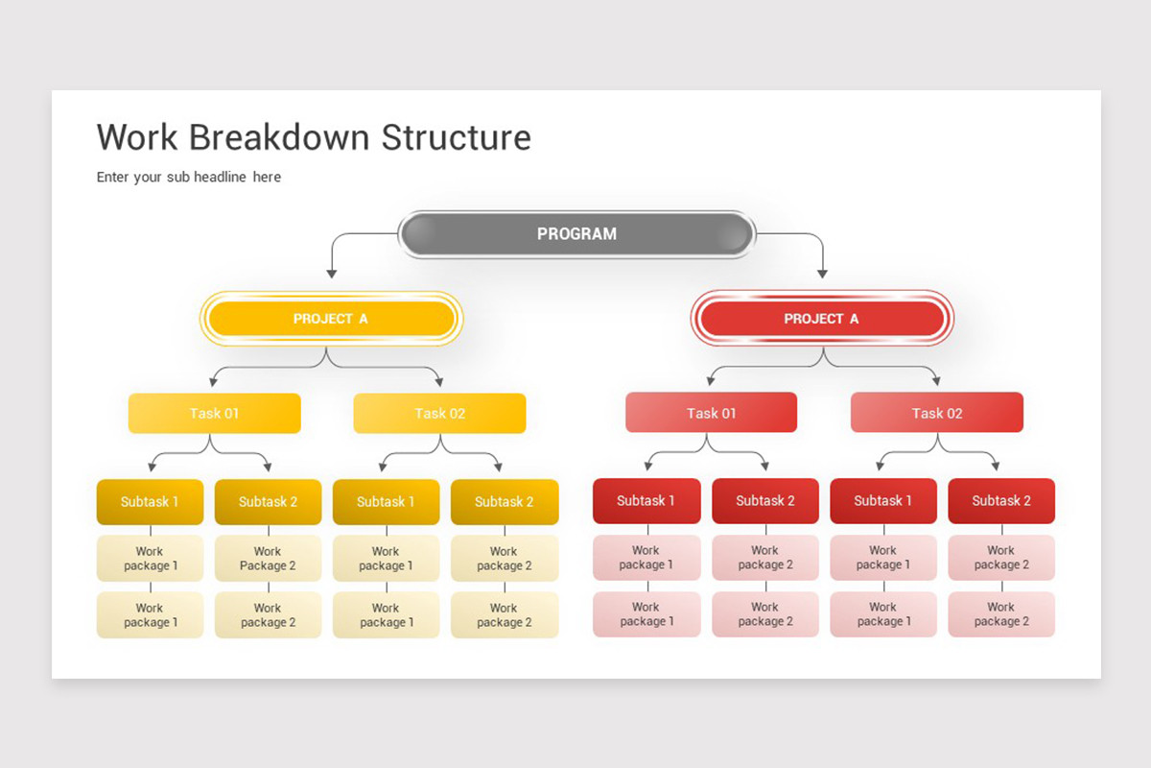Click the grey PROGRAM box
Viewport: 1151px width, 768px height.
coord(576,234)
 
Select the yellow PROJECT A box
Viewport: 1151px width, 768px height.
coord(331,319)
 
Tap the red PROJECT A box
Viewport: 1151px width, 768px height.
coord(822,319)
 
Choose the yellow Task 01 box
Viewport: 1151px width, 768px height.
coord(214,414)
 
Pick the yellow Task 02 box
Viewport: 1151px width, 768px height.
coord(439,414)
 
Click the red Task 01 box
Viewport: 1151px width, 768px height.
coord(711,413)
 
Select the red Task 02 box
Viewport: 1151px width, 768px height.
coord(936,413)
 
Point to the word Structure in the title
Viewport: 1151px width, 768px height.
coord(456,137)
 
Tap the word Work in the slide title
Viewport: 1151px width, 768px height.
coord(137,137)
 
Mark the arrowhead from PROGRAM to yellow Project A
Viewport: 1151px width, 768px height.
coord(332,274)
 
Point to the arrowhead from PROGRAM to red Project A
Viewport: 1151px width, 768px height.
coord(822,274)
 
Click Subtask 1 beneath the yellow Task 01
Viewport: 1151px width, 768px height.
coord(150,502)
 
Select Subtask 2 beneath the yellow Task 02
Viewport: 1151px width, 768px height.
coord(505,502)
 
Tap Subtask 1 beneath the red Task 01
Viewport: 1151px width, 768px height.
coord(646,501)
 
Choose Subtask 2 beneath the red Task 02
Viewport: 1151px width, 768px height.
coord(1001,501)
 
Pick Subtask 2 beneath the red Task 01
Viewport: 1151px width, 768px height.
coord(765,501)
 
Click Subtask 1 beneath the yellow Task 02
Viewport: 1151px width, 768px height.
coord(386,502)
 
